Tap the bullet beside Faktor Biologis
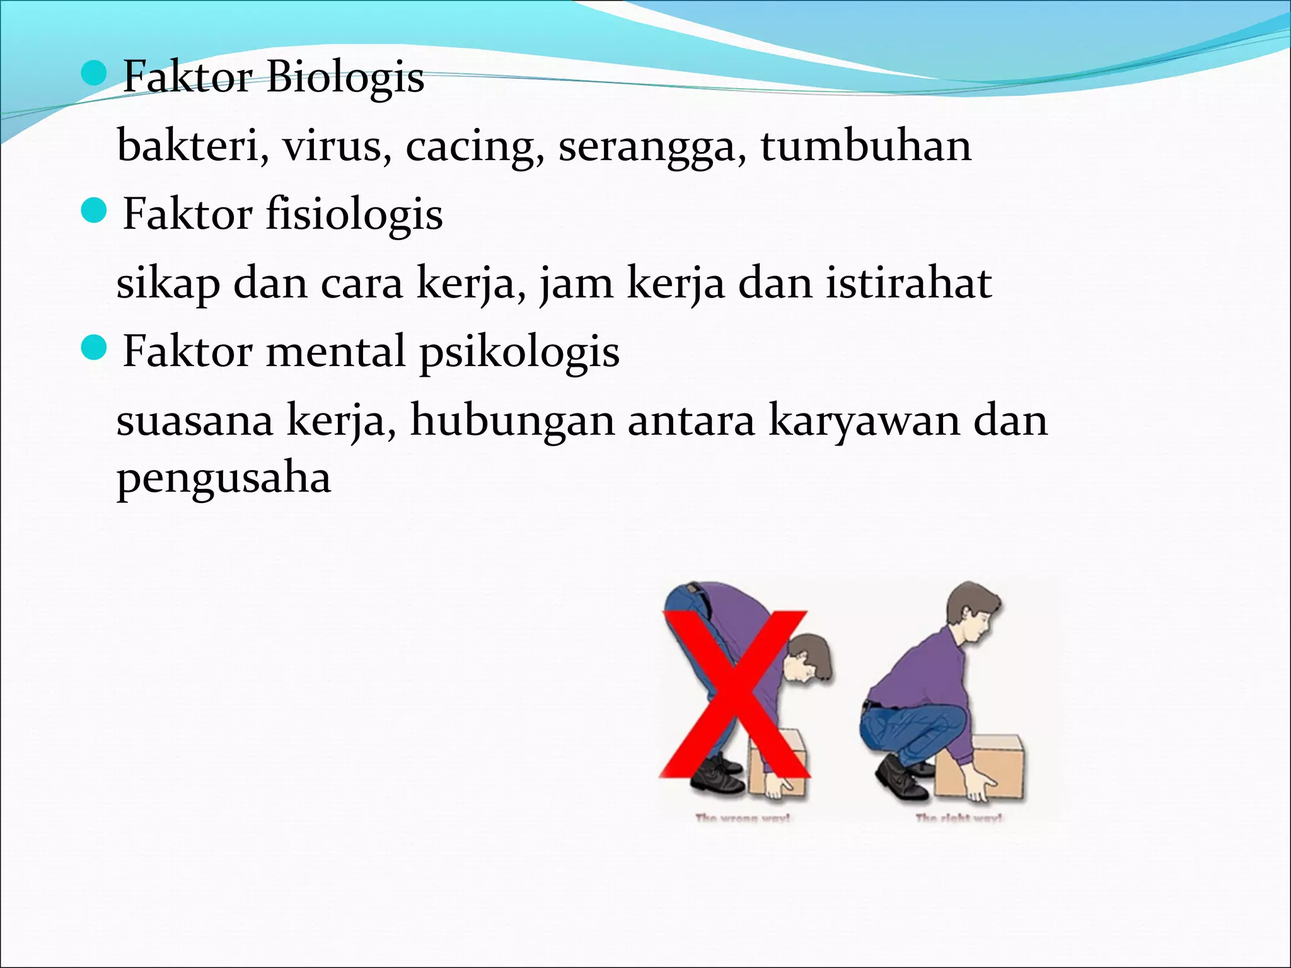95,73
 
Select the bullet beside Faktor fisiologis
95,210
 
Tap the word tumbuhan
865,146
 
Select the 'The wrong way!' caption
743,818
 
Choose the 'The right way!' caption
959,818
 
